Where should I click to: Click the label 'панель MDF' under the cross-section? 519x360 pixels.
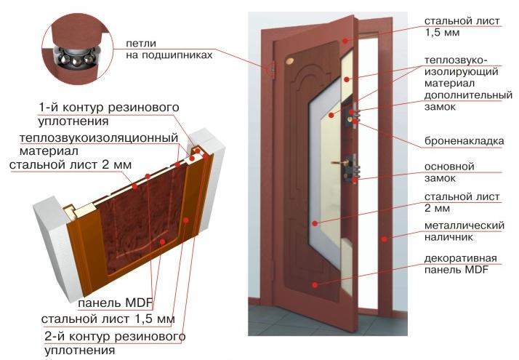tap(110, 303)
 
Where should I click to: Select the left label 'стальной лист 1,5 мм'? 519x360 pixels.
tap(108, 319)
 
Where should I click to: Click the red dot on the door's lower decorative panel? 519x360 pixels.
tap(314, 285)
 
